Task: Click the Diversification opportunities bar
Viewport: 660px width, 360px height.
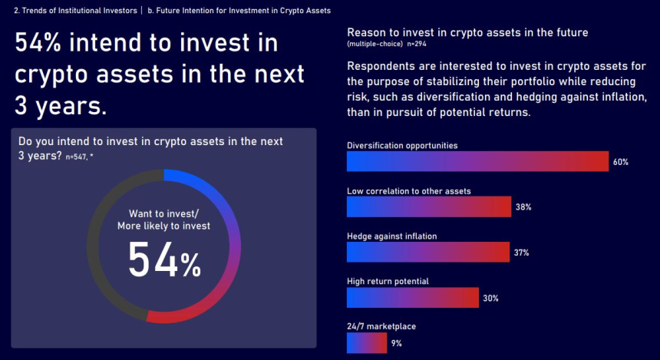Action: [x=478, y=161]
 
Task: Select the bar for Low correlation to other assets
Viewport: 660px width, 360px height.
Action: [x=429, y=206]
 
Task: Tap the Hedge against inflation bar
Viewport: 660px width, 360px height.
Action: [x=428, y=252]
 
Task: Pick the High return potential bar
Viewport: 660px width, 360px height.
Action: [x=413, y=297]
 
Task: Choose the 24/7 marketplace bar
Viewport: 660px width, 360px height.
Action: [x=367, y=343]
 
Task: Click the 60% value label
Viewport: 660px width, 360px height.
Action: [x=620, y=162]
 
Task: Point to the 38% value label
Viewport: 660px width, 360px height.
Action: [x=523, y=207]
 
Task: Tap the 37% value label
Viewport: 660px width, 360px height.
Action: [x=522, y=253]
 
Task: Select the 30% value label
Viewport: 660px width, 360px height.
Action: [x=490, y=298]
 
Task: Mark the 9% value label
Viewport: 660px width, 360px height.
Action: [x=396, y=343]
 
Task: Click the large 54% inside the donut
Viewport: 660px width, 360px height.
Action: [x=164, y=259]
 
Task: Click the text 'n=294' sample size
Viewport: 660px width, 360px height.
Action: [x=417, y=44]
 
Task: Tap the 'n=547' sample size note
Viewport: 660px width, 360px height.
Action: [x=76, y=157]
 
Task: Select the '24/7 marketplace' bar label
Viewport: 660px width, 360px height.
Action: [x=381, y=326]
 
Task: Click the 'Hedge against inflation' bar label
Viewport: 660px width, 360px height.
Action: [x=392, y=236]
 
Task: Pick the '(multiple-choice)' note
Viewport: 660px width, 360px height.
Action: [x=375, y=44]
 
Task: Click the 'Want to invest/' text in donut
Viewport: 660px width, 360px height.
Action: [x=163, y=213]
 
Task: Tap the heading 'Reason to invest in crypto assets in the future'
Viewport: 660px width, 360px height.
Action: [x=467, y=32]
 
